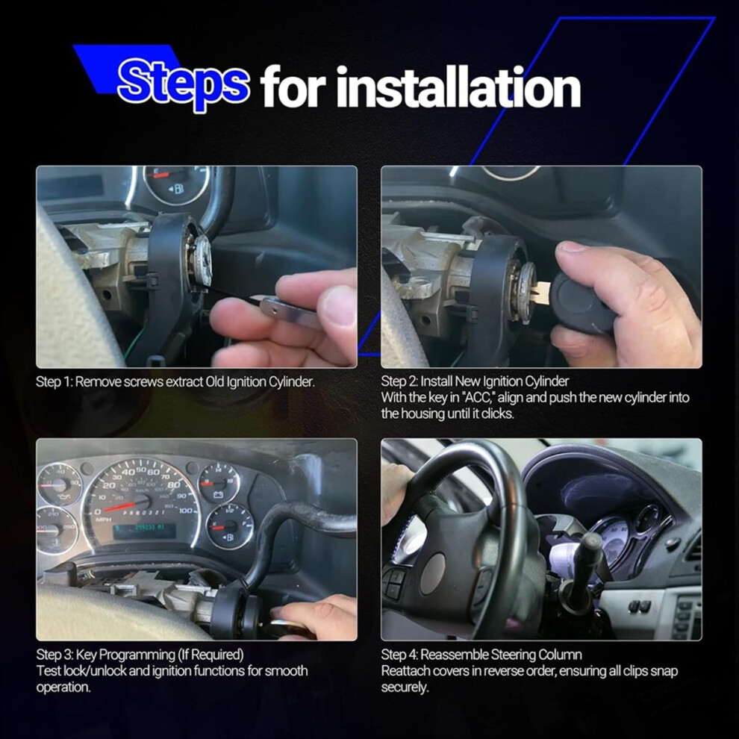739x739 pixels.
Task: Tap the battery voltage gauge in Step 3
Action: point(219,483)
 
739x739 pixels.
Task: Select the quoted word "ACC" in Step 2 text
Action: point(480,397)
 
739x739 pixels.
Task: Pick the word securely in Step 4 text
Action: point(405,687)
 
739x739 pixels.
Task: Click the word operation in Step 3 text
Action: point(63,687)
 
